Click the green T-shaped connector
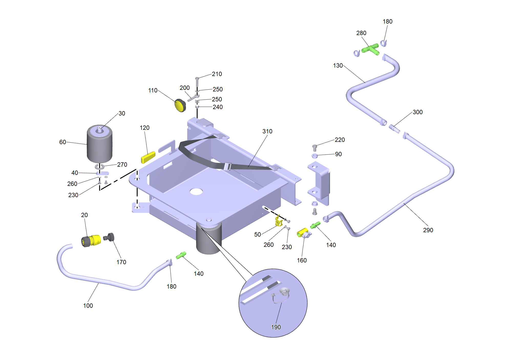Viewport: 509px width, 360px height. click(370, 49)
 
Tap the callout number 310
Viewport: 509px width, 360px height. click(267, 131)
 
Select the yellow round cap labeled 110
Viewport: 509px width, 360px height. click(180, 105)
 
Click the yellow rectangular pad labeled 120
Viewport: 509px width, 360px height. click(148, 157)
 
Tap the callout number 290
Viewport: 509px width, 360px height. click(428, 230)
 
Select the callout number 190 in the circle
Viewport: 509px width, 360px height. click(276, 327)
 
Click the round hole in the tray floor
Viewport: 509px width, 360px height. click(196, 192)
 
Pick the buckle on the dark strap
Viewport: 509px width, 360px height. click(227, 167)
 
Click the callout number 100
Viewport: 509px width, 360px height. click(88, 306)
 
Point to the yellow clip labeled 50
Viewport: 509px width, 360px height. click(279, 221)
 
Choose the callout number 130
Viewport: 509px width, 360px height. click(338, 66)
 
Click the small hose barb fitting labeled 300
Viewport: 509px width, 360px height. click(394, 129)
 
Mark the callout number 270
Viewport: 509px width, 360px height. click(122, 165)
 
